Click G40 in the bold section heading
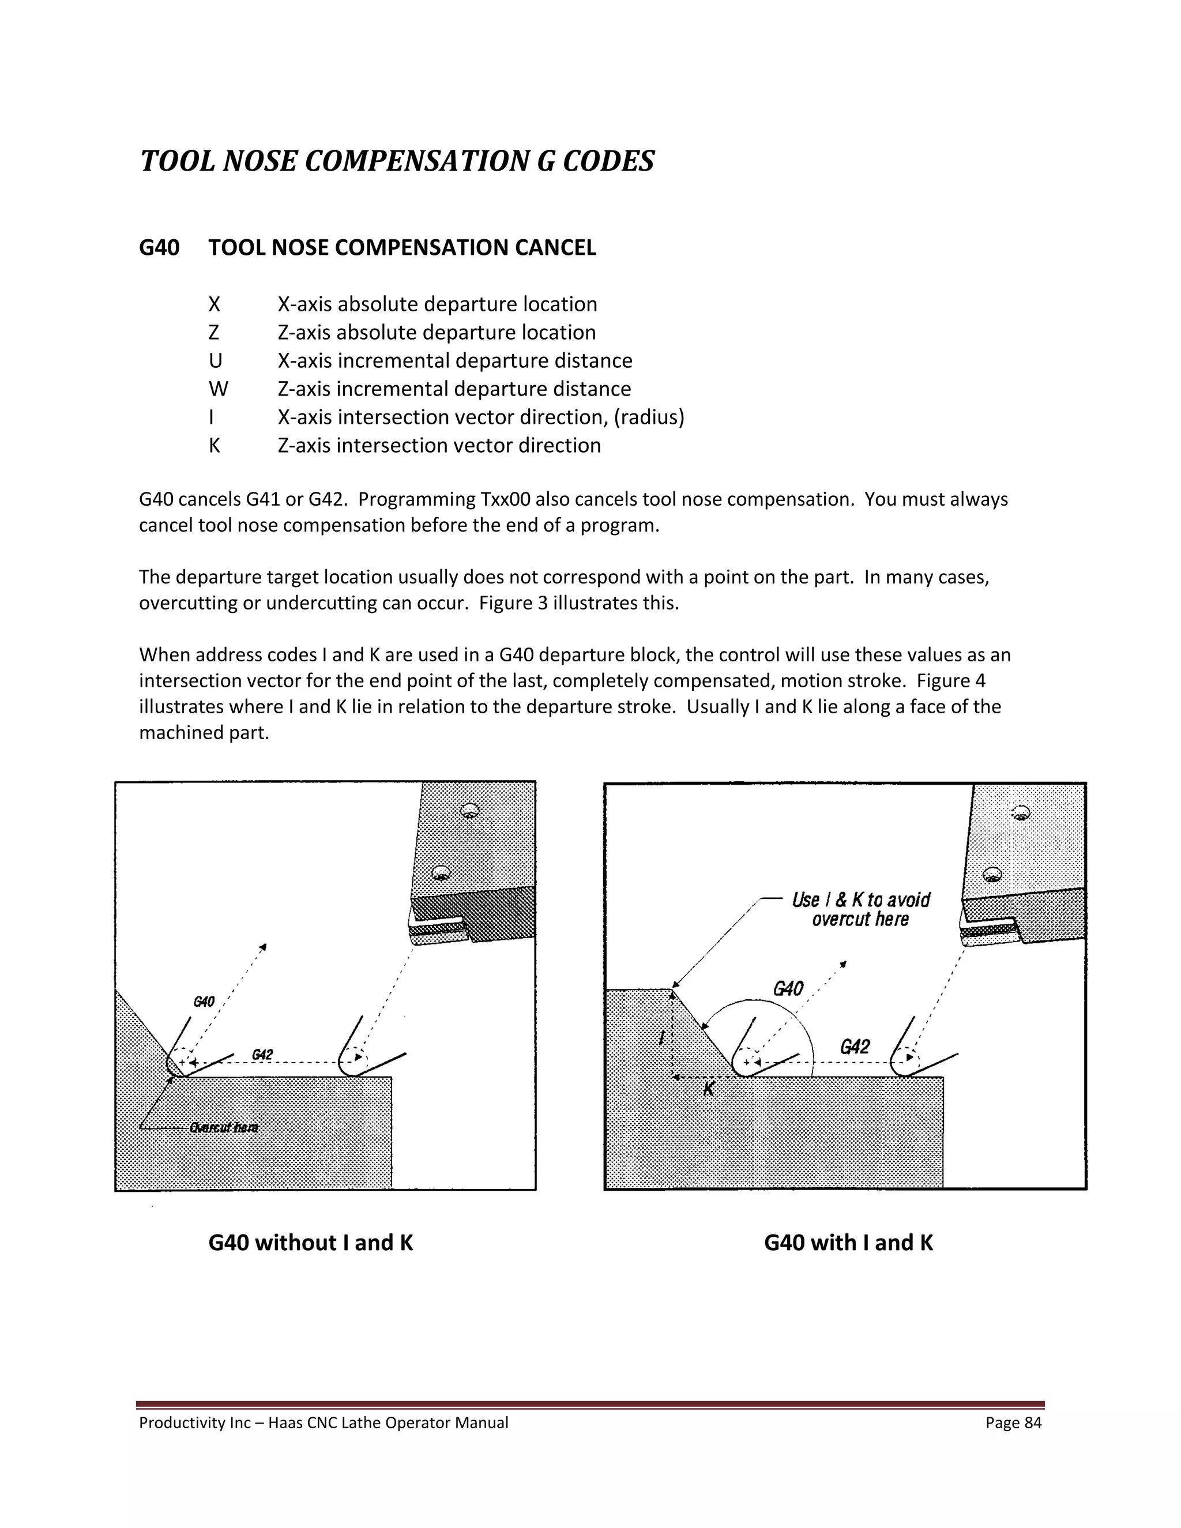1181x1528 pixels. [159, 248]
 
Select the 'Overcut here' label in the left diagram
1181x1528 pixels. [223, 1128]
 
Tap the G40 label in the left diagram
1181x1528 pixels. [204, 1002]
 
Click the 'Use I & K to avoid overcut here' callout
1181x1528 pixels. [860, 909]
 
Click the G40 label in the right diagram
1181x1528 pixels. [788, 988]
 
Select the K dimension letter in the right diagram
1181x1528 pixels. [709, 1089]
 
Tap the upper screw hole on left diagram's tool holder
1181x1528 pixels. [469, 811]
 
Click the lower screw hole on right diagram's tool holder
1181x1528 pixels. [991, 875]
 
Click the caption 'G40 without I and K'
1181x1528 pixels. [311, 1243]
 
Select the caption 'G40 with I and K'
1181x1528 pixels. [848, 1243]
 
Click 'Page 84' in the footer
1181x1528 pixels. [1013, 1423]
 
